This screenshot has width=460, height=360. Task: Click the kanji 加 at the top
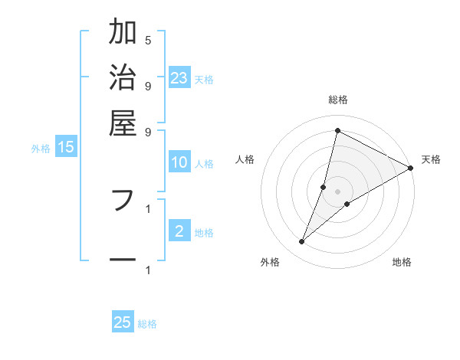point(123,33)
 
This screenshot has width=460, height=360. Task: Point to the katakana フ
point(123,200)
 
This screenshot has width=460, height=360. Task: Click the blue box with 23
point(179,77)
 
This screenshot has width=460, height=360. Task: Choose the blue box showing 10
point(179,162)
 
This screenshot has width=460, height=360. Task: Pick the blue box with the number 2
point(179,231)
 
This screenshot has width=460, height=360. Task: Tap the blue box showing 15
point(66,147)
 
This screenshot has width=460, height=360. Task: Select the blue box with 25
point(123,322)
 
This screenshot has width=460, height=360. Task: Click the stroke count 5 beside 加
point(148,40)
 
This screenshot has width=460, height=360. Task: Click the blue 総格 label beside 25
point(147,324)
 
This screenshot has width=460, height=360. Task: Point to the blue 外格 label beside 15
point(41,149)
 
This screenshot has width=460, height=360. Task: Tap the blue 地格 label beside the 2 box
point(204,233)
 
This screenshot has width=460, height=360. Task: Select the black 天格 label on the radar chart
point(431,159)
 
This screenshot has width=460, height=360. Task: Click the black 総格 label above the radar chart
point(337,100)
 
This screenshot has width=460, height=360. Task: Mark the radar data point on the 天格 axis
point(411,168)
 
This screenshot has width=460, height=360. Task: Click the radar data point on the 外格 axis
point(302,242)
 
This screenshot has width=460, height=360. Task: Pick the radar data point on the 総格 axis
point(337,129)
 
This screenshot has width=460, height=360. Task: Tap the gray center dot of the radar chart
point(337,191)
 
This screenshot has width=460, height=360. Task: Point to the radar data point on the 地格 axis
point(347,204)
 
